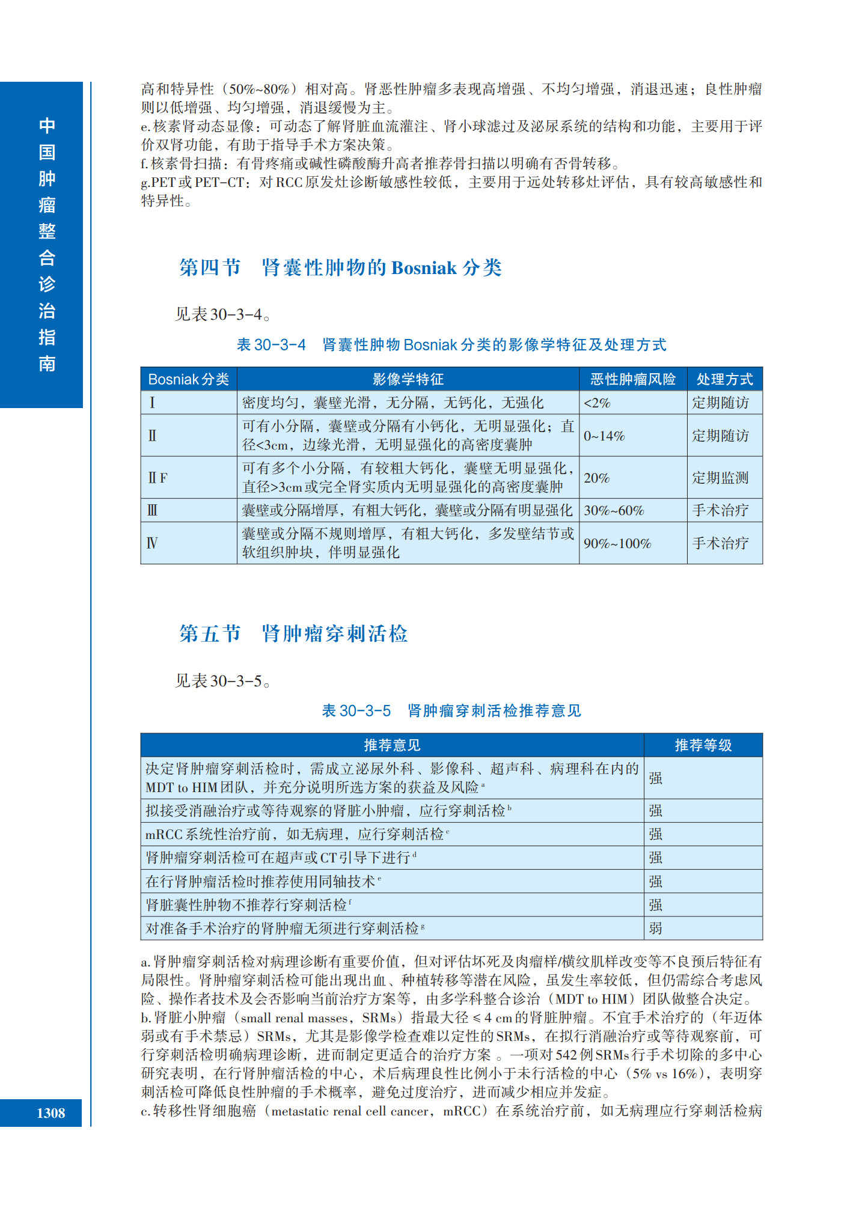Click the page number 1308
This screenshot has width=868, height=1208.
tap(50, 1113)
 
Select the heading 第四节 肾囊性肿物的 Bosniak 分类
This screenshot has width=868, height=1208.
tap(340, 268)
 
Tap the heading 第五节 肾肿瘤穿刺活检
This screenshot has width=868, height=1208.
tap(293, 634)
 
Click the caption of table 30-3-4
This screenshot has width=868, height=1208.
tap(451, 345)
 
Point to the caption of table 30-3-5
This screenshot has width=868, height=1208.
tap(451, 711)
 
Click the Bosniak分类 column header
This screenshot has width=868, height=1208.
tap(188, 379)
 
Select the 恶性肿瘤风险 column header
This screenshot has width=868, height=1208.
tap(632, 379)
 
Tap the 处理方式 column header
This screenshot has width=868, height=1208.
tap(724, 379)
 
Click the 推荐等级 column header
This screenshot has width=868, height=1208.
tap(703, 745)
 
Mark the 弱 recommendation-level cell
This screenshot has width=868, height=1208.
tap(655, 929)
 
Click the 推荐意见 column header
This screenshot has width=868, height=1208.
tap(392, 745)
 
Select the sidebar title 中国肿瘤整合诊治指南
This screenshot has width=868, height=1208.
tap(47, 245)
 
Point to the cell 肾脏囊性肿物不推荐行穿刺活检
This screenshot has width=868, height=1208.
tap(248, 905)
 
